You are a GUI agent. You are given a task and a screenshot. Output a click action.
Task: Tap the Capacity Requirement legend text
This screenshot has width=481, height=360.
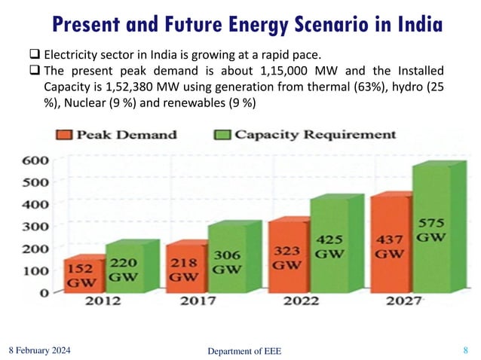(314, 136)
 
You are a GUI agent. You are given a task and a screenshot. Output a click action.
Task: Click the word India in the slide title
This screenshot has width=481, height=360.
(412, 25)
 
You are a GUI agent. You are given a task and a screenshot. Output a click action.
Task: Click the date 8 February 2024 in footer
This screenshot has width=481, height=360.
(43, 349)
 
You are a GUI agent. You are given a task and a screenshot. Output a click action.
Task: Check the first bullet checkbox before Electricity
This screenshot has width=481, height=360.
(35, 55)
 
